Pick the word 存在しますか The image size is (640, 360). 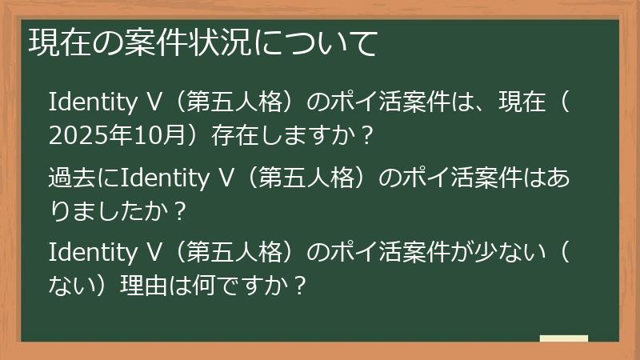[x=280, y=136]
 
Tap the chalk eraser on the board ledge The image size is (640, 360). [x=563, y=339]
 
